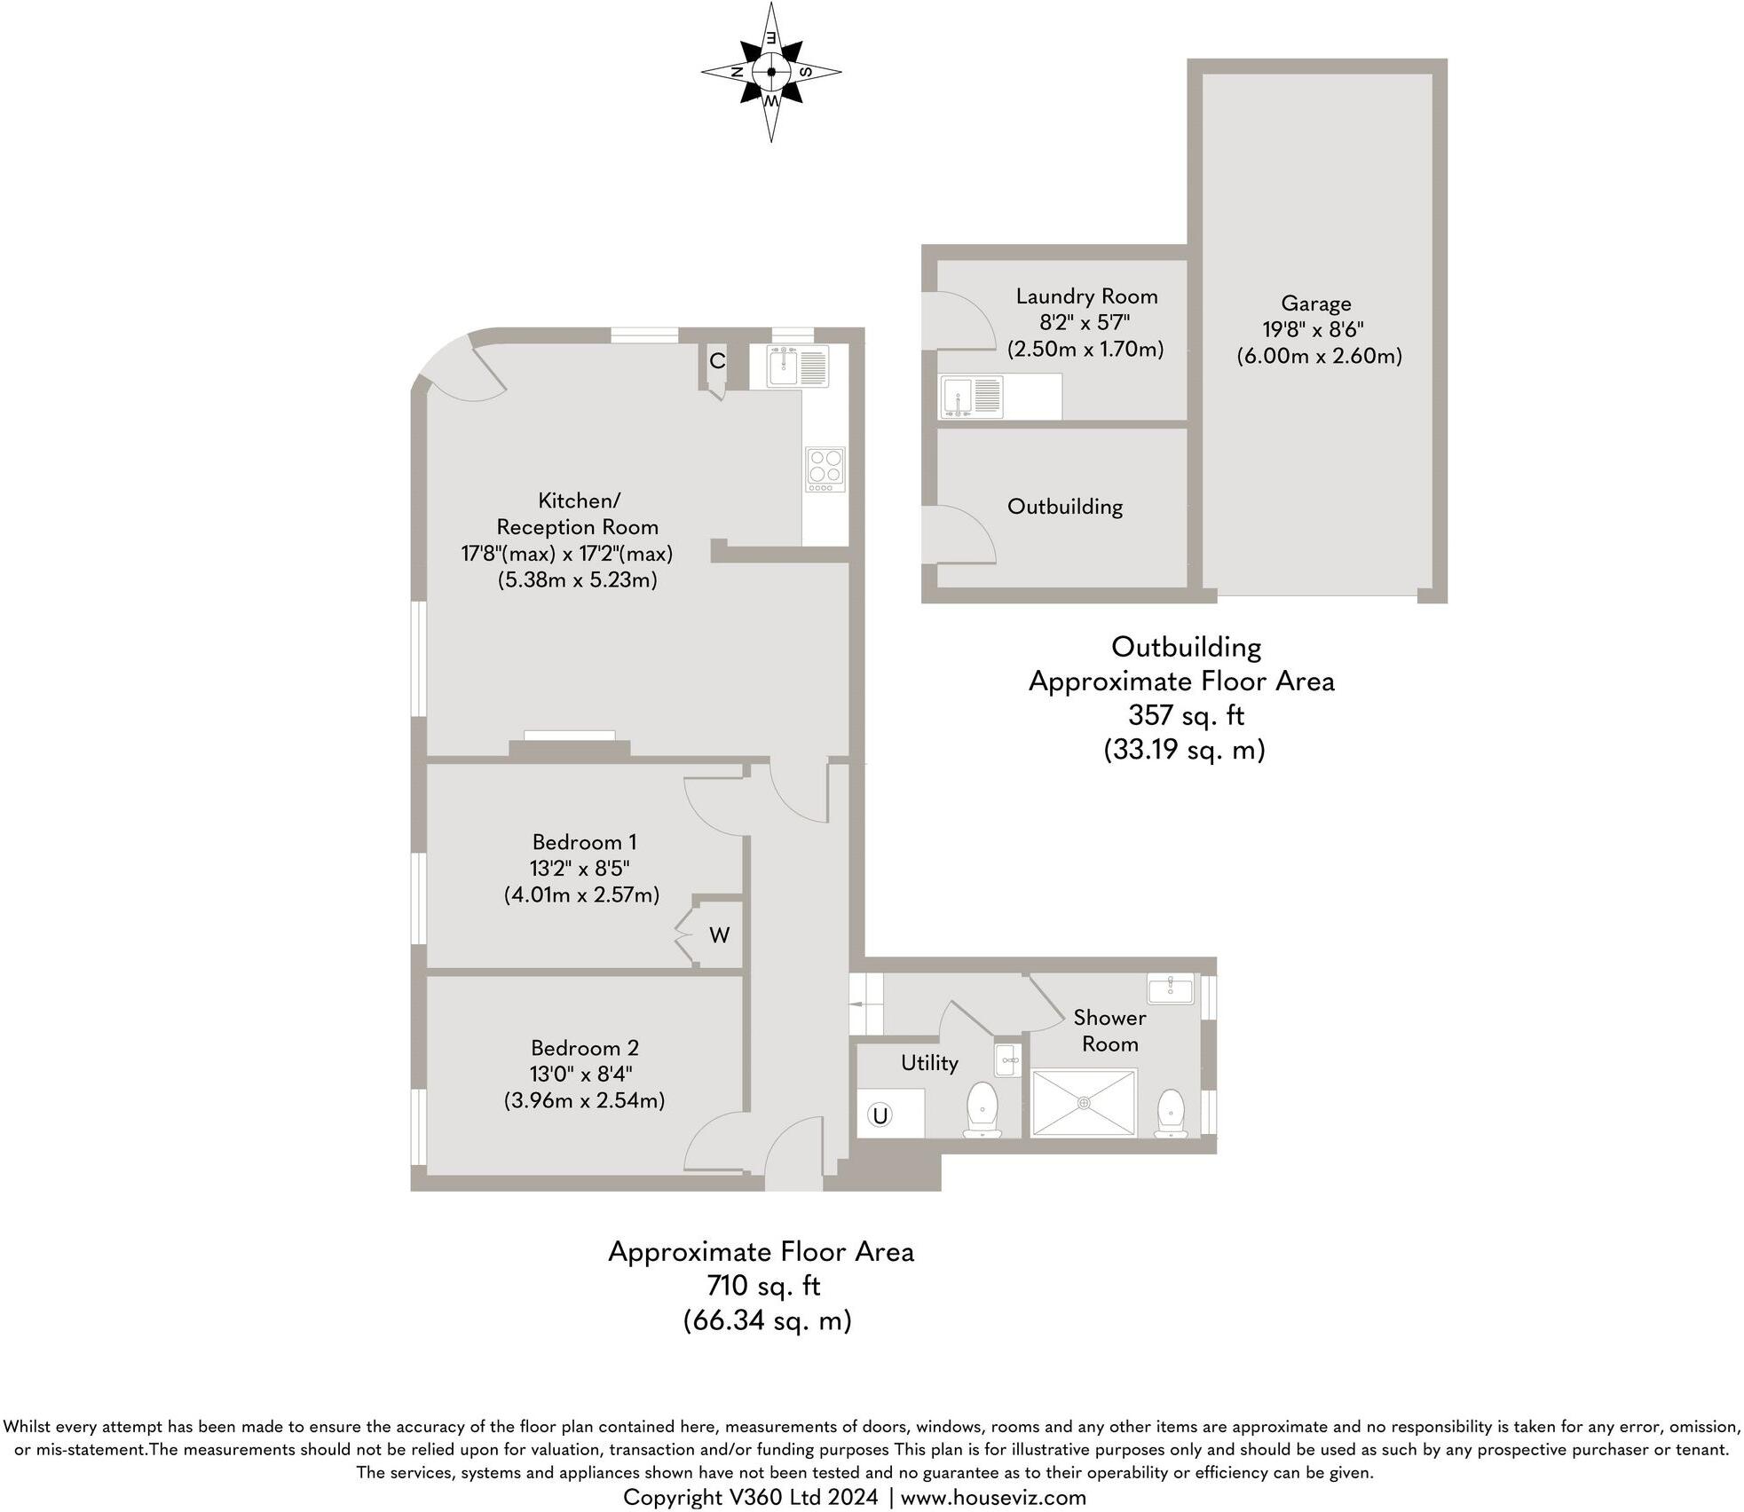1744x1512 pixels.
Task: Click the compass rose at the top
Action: [770, 72]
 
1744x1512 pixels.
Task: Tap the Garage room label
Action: [1315, 303]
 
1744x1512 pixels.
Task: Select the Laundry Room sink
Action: [973, 397]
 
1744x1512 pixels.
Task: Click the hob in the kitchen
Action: [825, 469]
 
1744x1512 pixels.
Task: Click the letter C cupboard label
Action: [717, 361]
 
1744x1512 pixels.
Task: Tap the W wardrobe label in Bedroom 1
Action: [719, 935]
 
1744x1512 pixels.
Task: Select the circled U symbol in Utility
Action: [880, 1115]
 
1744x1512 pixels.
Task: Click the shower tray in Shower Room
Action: [1084, 1103]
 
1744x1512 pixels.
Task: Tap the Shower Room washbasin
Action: [1170, 988]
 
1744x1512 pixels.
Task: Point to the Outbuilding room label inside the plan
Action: [1064, 507]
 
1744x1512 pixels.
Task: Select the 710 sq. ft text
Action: [763, 1286]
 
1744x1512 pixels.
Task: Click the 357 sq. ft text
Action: [1186, 714]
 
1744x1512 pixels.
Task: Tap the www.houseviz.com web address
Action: [993, 1498]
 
